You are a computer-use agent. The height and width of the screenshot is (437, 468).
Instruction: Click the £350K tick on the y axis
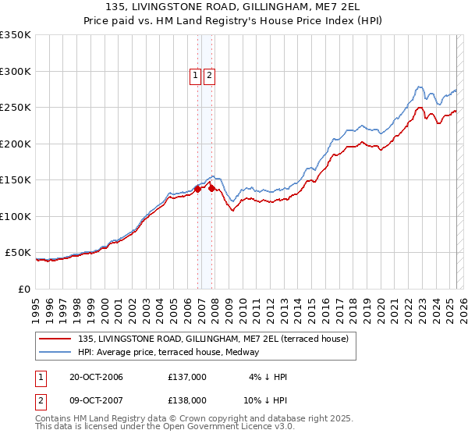tap(16, 35)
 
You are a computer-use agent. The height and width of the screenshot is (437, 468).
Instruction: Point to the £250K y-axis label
tap(16, 108)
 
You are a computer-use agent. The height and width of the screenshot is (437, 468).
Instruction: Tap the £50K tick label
tap(19, 253)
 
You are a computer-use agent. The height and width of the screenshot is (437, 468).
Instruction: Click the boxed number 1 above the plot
tap(195, 76)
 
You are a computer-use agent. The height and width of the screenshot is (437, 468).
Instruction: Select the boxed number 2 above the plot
tap(210, 76)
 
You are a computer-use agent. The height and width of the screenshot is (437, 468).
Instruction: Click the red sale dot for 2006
tap(198, 188)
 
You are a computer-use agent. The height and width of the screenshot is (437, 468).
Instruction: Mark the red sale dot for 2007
tap(211, 188)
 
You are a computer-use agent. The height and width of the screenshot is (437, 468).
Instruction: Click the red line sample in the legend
tap(56, 339)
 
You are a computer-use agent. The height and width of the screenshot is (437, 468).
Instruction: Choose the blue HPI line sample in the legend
tap(56, 352)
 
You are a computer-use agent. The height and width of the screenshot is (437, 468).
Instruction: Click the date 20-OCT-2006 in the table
tap(96, 377)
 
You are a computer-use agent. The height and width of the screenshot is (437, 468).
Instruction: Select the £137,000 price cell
tap(187, 377)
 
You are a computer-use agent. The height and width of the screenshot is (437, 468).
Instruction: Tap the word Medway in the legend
tap(253, 352)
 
